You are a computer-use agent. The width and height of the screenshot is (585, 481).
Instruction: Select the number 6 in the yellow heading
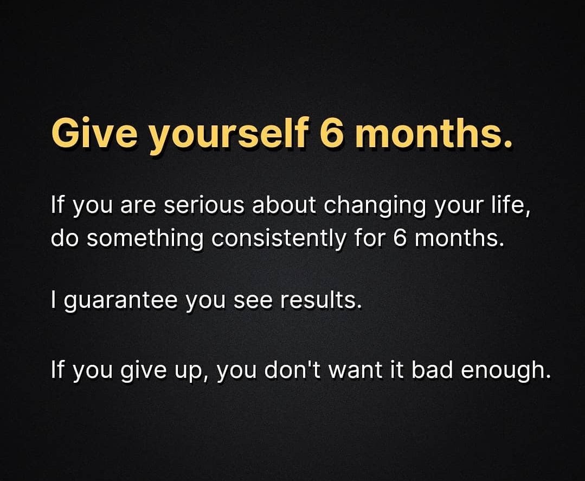[330, 134]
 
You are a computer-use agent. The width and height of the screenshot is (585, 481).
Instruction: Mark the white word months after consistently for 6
[456, 238]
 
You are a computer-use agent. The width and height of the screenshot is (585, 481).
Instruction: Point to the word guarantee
[121, 300]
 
